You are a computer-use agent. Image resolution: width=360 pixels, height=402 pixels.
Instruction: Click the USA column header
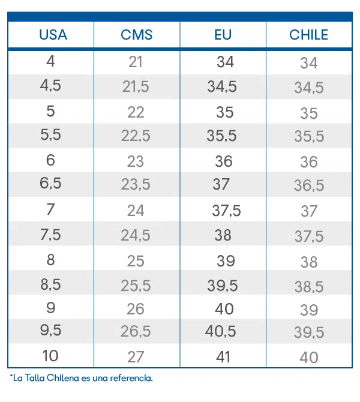(x=53, y=35)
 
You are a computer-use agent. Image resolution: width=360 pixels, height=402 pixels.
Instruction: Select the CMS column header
(x=137, y=35)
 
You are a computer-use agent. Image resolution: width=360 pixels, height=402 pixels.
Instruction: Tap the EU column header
(x=223, y=35)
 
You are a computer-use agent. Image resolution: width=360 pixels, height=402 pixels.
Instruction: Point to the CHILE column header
(x=309, y=35)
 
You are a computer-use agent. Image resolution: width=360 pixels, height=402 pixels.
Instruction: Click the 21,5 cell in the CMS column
(x=136, y=86)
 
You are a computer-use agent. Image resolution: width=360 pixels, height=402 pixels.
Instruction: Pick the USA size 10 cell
(x=50, y=356)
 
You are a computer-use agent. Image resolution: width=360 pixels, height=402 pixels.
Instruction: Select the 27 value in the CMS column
(x=136, y=356)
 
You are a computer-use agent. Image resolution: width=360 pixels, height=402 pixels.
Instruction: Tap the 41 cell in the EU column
(x=223, y=356)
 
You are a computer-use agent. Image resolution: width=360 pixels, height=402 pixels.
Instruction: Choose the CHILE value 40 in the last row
(x=309, y=357)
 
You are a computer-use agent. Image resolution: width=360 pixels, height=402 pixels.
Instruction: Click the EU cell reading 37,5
(x=226, y=211)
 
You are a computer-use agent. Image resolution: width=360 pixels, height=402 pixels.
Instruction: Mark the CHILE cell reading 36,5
(x=309, y=185)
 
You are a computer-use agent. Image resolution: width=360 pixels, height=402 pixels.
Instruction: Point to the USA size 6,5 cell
(x=50, y=183)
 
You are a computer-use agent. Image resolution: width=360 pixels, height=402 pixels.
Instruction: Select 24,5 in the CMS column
(x=136, y=235)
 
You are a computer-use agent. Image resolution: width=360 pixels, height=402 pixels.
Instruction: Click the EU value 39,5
(x=223, y=286)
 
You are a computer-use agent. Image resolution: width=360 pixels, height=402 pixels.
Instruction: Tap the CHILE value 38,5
(x=309, y=286)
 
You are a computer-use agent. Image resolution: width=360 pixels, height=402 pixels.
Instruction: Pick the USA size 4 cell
(x=50, y=61)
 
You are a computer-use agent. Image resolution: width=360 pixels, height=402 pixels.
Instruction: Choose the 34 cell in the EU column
(x=226, y=62)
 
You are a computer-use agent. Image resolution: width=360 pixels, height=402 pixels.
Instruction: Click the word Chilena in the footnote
(x=63, y=378)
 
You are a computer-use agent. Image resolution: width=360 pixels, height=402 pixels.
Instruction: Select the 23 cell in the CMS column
(x=136, y=161)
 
